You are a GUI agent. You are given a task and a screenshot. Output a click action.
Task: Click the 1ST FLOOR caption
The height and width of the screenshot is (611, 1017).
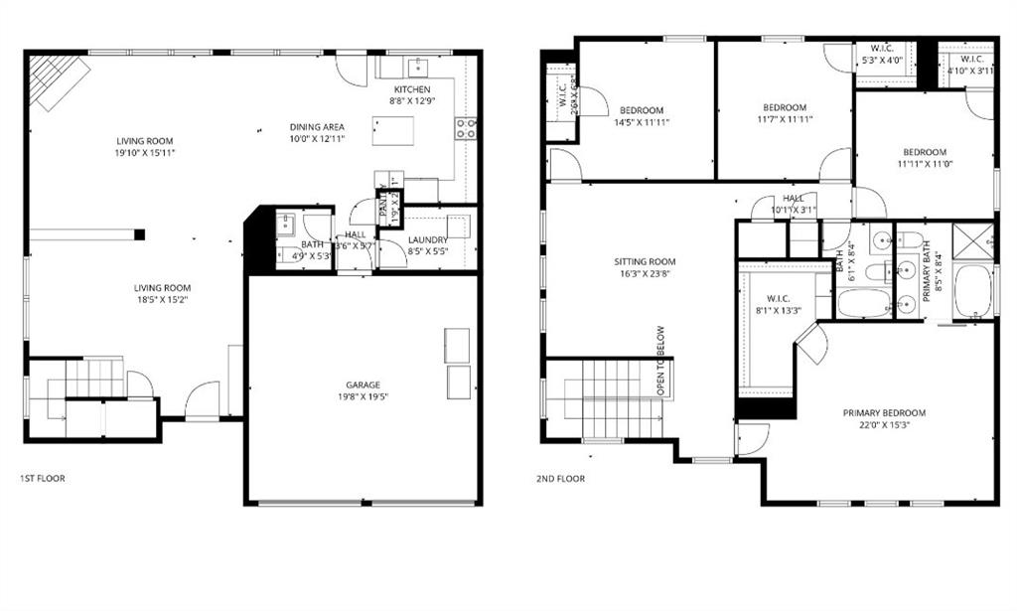tap(43, 478)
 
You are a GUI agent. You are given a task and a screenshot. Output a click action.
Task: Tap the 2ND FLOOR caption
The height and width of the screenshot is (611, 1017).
tap(562, 478)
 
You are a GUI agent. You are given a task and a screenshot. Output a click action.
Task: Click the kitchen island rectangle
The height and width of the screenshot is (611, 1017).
tap(392, 130)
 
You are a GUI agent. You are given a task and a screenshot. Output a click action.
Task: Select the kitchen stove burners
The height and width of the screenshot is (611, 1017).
tap(465, 128)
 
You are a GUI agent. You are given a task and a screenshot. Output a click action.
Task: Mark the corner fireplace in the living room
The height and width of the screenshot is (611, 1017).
tap(59, 79)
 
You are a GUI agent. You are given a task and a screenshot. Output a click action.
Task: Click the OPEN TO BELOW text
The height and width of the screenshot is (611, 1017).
tap(659, 362)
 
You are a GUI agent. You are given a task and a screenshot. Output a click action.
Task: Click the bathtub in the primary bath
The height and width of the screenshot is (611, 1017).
tap(972, 290)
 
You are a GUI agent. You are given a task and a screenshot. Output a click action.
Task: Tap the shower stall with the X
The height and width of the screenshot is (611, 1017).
tap(972, 241)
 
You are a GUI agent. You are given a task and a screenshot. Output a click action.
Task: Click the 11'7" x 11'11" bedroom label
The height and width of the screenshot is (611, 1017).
tap(784, 113)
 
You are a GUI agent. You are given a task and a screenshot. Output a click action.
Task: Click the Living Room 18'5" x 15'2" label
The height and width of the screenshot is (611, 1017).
tap(163, 294)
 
